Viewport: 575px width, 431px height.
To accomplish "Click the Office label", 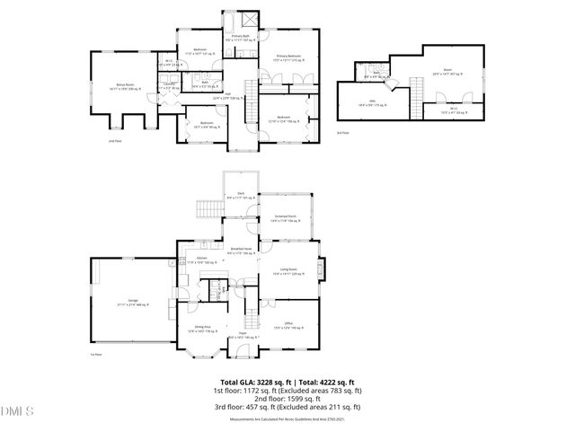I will pos(289,326).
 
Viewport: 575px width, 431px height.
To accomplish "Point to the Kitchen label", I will pos(203,260).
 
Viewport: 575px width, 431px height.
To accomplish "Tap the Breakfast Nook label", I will pos(241,251).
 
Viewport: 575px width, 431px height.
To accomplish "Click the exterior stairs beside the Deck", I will pos(208,210).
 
